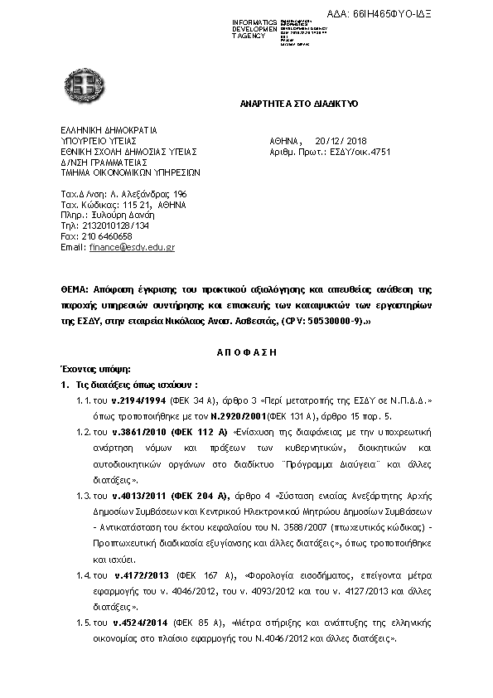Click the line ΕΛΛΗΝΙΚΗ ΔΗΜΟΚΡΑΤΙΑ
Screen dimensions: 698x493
click(109, 130)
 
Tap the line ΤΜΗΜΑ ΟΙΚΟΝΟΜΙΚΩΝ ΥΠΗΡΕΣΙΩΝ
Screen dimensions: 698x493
click(130, 173)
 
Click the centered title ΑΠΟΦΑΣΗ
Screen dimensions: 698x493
click(247, 351)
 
